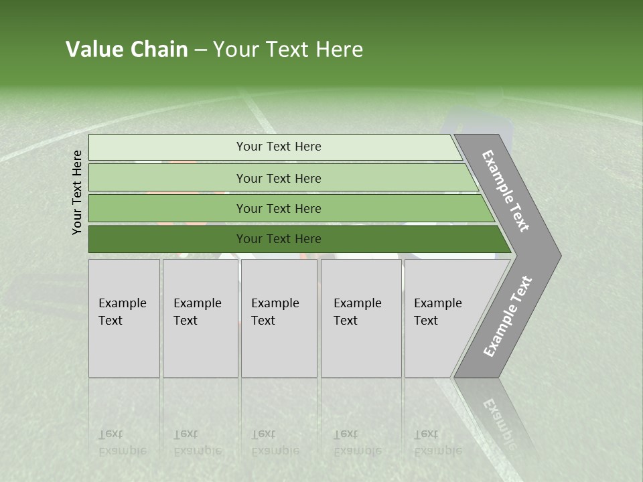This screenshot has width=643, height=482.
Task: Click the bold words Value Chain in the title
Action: coord(127,50)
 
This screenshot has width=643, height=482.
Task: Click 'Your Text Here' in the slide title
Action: coord(288,50)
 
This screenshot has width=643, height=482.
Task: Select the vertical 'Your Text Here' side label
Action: coord(77,193)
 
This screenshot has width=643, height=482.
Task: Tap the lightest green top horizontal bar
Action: coord(167,147)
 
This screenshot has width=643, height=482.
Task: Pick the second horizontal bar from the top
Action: coord(167,178)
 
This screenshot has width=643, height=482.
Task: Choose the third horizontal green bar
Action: coord(167,208)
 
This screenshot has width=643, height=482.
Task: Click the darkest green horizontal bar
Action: coord(167,239)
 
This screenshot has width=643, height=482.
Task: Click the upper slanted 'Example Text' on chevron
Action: coord(506,191)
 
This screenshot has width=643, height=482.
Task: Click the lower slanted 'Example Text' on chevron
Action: coord(507,317)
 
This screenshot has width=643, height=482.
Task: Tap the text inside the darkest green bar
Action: coord(279,239)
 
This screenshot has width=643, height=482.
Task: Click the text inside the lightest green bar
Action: coord(279,147)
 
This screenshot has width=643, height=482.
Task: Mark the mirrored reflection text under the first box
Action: coord(122,443)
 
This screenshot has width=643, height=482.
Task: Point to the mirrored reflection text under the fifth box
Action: coord(437,443)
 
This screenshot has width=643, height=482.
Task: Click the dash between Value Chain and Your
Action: coord(200,50)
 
